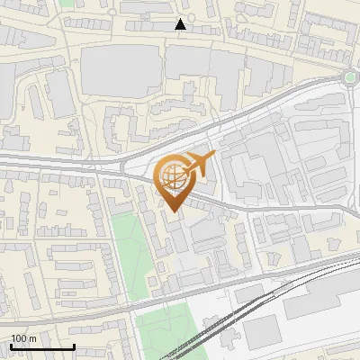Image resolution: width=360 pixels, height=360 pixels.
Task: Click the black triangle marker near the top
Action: (181, 24)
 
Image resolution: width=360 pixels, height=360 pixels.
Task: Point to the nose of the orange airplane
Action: (214, 157)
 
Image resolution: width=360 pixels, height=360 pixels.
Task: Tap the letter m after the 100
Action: (32, 338)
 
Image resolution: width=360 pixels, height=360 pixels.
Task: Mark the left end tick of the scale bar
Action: (10, 346)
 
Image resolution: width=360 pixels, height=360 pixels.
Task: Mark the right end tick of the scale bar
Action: (74, 346)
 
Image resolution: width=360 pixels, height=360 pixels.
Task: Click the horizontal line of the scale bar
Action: (41, 347)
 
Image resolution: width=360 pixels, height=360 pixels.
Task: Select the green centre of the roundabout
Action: (350, 77)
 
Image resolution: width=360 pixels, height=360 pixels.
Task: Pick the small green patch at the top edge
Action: (67, 3)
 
